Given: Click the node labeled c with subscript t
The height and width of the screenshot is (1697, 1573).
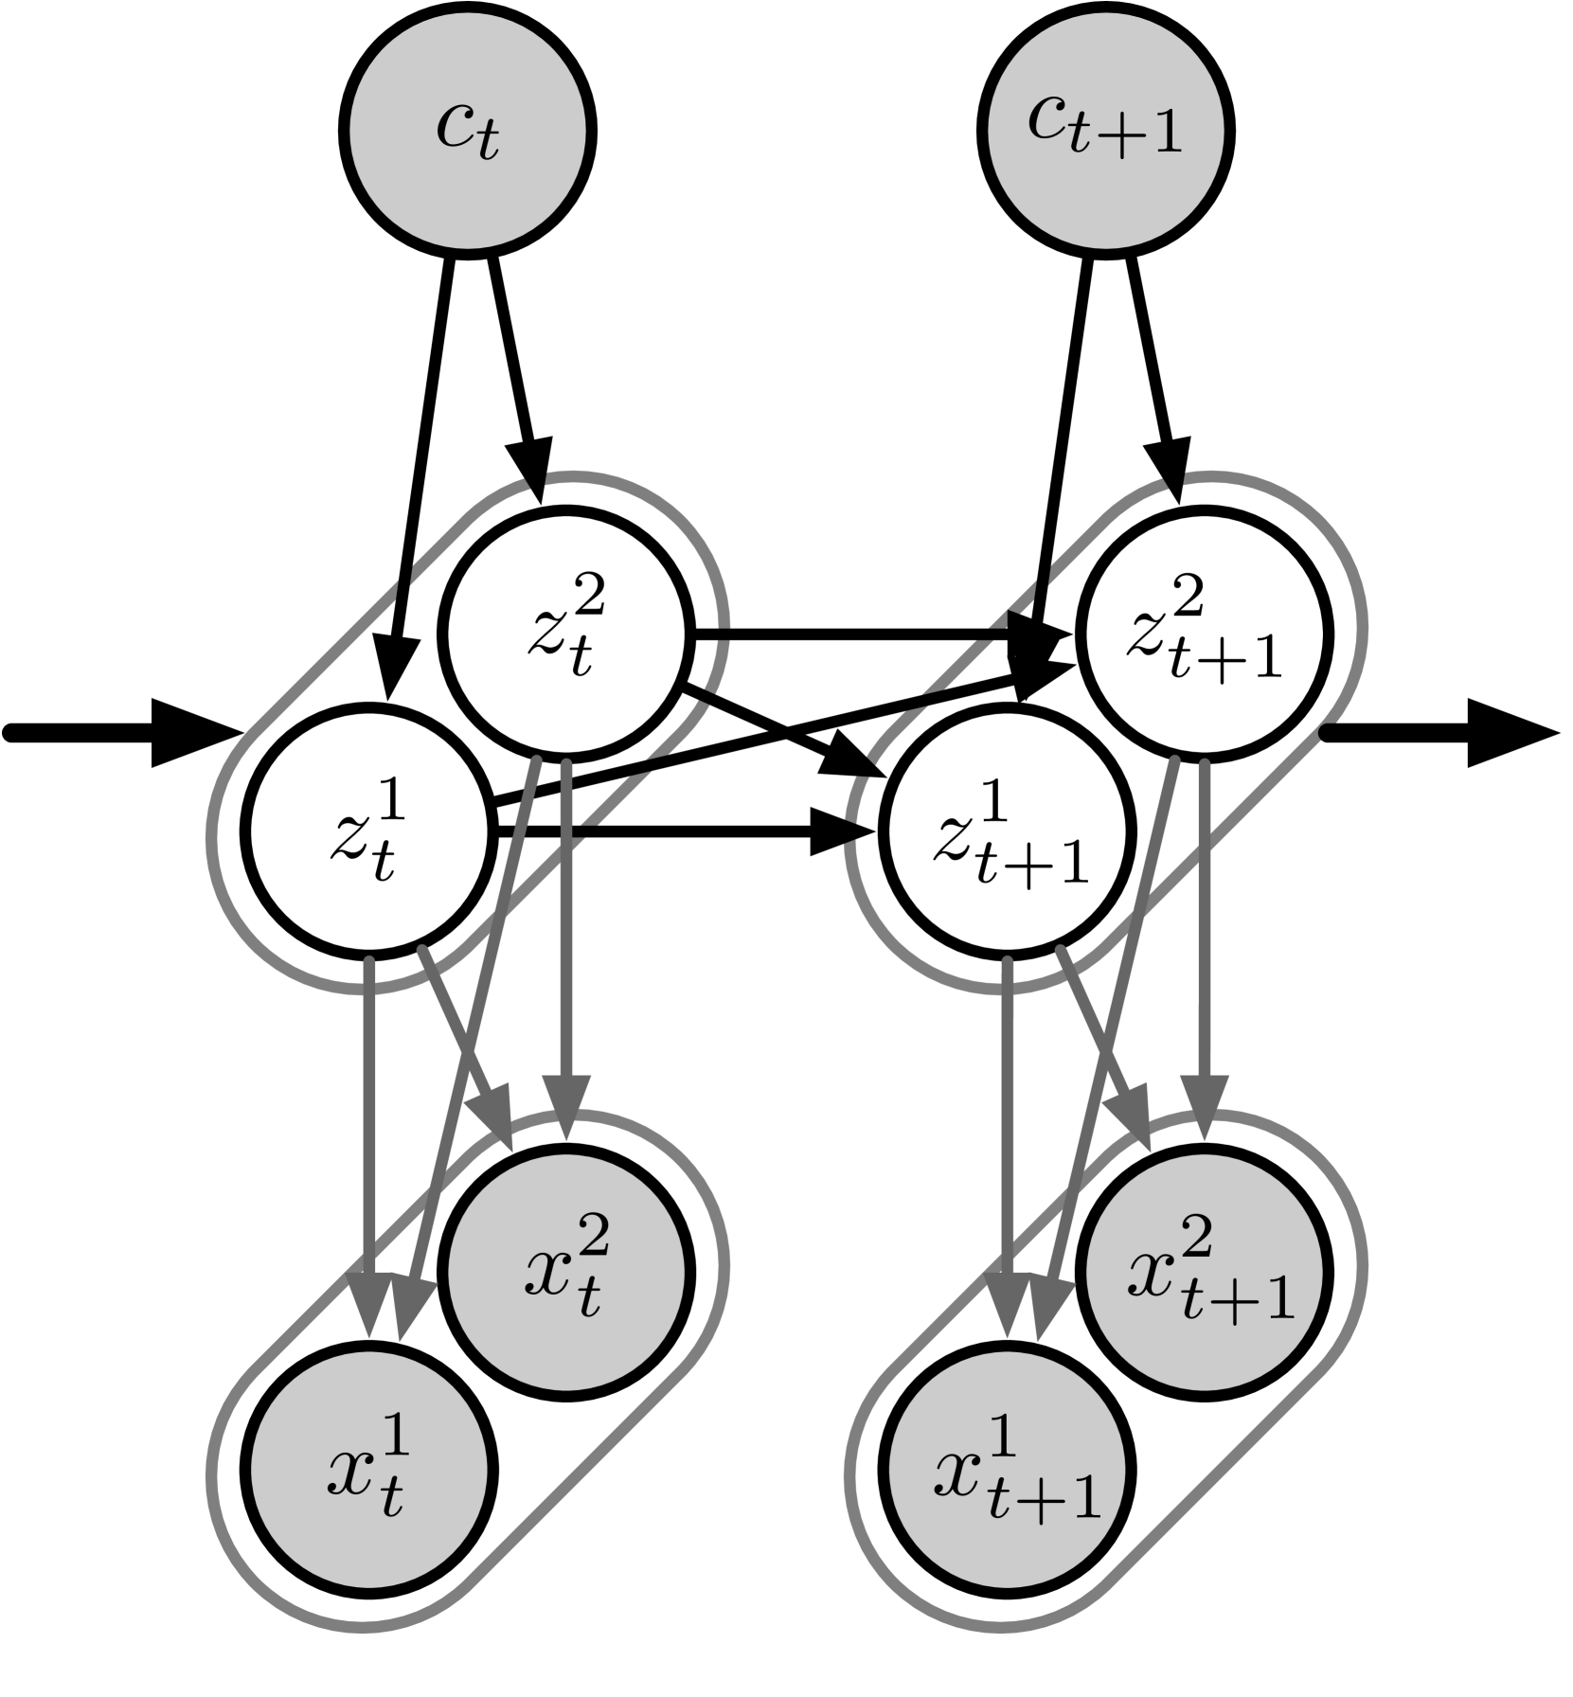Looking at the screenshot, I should [468, 131].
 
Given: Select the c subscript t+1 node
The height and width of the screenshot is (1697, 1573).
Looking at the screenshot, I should [1105, 131].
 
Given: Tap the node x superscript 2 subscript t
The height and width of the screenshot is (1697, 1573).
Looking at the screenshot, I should [565, 1272].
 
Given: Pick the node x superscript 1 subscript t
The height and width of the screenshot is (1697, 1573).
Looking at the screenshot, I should [369, 1469].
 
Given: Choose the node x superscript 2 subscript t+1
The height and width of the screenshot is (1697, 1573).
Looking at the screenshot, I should [1204, 1272].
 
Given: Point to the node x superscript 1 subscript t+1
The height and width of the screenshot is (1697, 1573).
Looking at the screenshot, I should [1007, 1469].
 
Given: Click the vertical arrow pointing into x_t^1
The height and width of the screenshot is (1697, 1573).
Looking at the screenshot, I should [369, 1136].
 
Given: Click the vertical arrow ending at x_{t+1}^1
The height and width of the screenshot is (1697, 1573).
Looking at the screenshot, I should [1007, 1136].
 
